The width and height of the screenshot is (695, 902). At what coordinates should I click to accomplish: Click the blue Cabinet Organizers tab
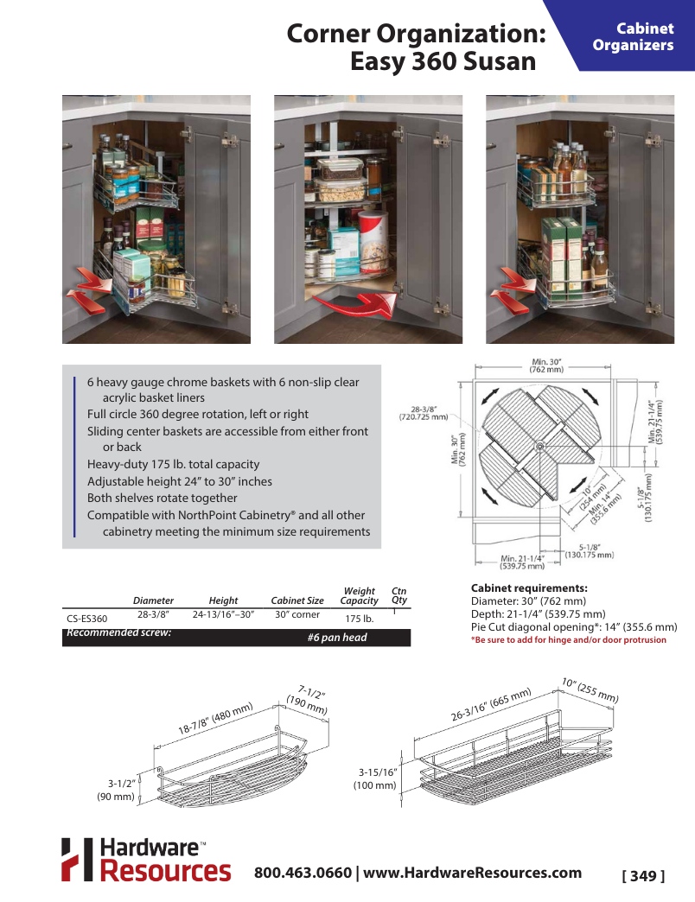click(633, 36)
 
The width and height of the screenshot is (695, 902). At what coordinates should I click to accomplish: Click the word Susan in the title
click(498, 62)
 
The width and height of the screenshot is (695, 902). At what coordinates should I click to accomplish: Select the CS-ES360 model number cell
click(86, 619)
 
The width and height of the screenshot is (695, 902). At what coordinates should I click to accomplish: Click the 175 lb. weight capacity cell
click(359, 619)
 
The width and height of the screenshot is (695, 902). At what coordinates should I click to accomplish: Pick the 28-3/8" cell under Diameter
click(153, 615)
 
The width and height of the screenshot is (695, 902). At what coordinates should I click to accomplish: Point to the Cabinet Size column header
click(297, 600)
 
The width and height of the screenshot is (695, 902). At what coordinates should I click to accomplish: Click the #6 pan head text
click(337, 638)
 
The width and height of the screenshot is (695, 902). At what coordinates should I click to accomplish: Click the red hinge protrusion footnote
click(568, 640)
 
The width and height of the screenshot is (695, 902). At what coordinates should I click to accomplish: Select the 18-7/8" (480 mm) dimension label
click(214, 719)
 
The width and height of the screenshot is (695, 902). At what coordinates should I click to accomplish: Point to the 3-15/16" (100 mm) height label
click(375, 778)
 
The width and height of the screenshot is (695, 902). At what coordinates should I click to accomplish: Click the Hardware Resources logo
click(145, 860)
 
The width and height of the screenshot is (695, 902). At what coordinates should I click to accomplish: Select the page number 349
click(643, 876)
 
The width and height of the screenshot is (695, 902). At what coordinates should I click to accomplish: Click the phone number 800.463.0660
click(303, 873)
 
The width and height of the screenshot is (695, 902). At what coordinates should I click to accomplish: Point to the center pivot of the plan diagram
click(539, 447)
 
